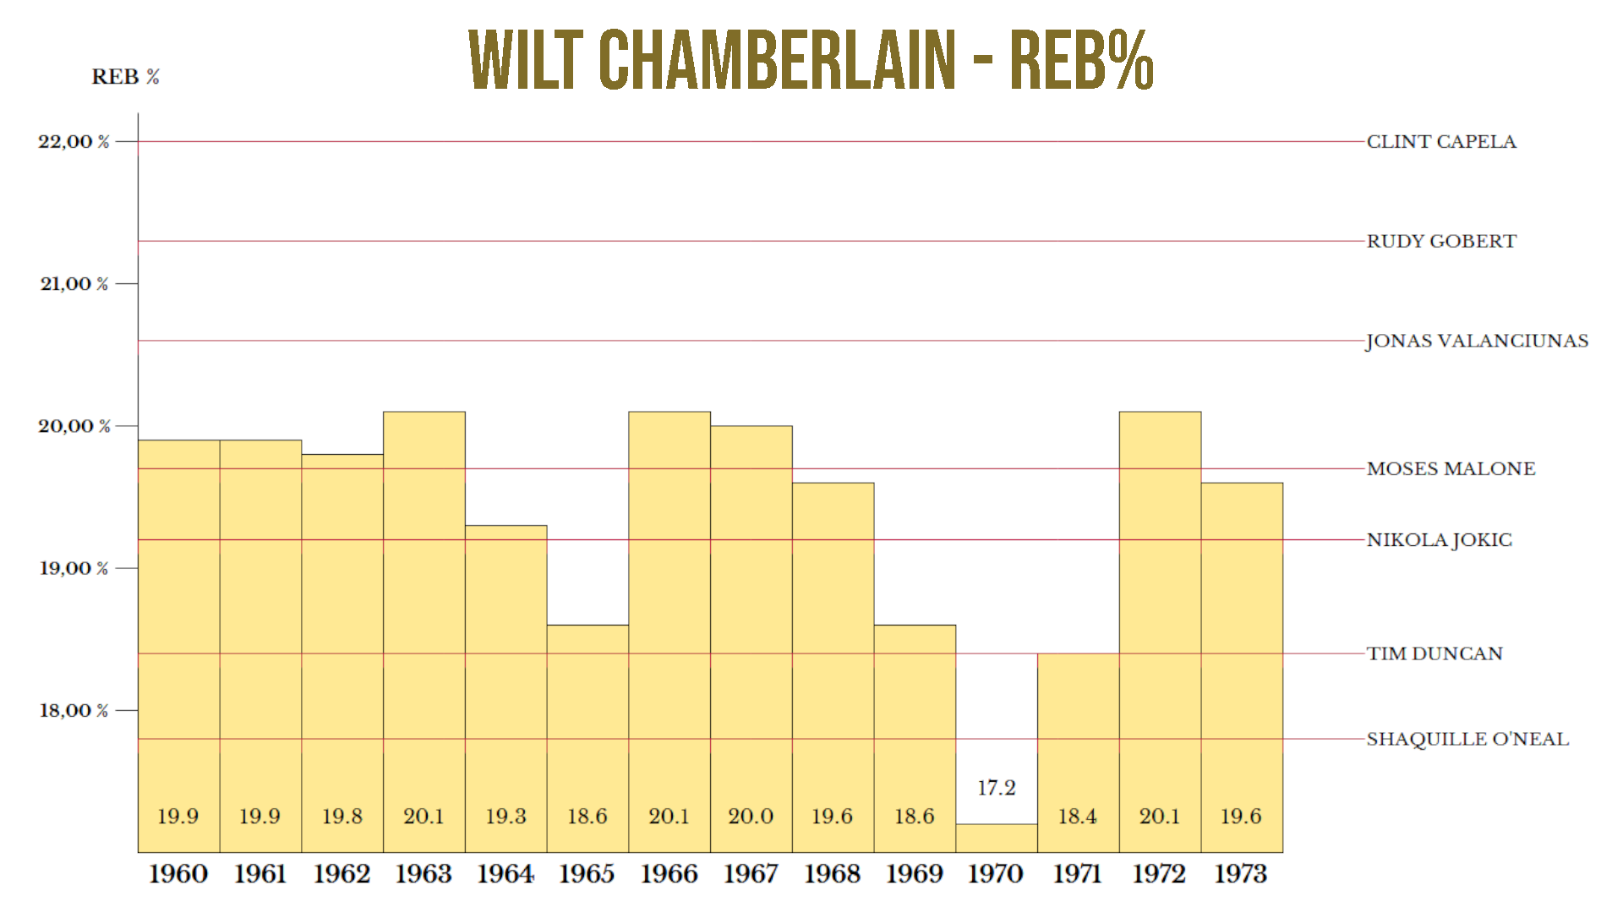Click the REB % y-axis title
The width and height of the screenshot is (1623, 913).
click(125, 77)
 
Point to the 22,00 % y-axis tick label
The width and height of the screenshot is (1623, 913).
click(74, 142)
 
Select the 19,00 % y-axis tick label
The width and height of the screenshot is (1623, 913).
click(74, 568)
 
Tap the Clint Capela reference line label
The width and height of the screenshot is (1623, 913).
click(1441, 142)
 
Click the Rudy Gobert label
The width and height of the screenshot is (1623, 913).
click(1441, 242)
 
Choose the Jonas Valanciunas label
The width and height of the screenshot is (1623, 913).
click(1477, 341)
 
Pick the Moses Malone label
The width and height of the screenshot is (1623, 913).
click(1451, 469)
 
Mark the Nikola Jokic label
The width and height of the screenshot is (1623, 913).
click(1439, 540)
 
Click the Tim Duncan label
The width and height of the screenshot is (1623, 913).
click(1434, 653)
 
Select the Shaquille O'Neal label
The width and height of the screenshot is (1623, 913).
click(1467, 739)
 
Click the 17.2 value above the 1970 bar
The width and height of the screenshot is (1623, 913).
click(997, 788)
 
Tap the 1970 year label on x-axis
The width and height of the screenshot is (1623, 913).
click(996, 873)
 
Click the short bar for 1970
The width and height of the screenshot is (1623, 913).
click(997, 838)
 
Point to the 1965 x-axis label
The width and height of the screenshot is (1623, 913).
click(587, 873)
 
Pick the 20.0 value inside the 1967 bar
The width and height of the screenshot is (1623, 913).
click(751, 817)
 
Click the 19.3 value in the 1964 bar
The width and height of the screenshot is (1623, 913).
click(505, 817)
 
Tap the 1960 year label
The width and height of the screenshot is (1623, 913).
click(178, 873)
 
